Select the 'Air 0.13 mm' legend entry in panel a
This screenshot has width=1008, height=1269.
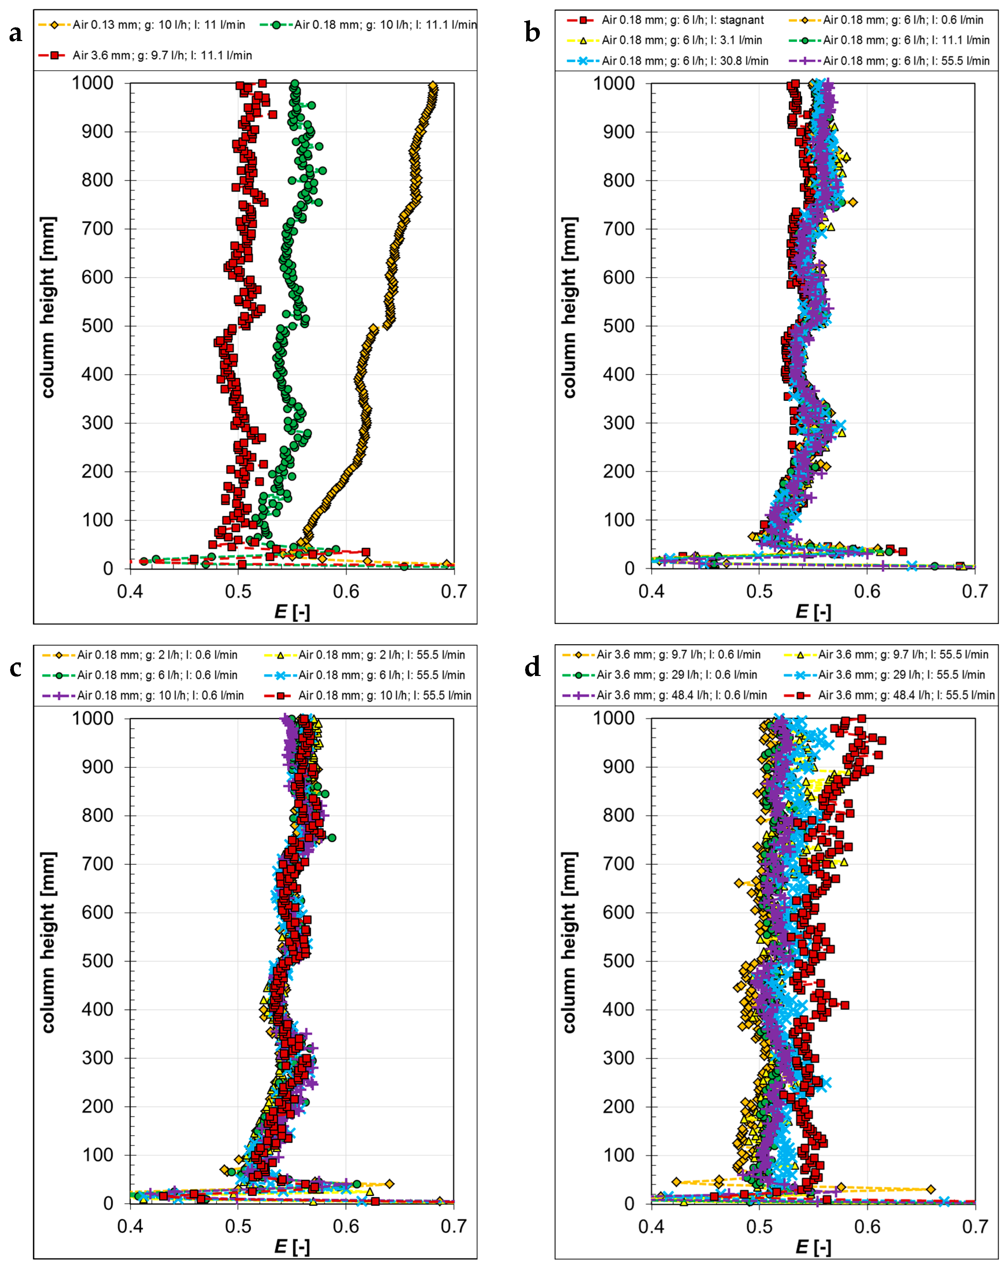click(141, 25)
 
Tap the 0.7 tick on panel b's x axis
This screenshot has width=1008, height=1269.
click(974, 591)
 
